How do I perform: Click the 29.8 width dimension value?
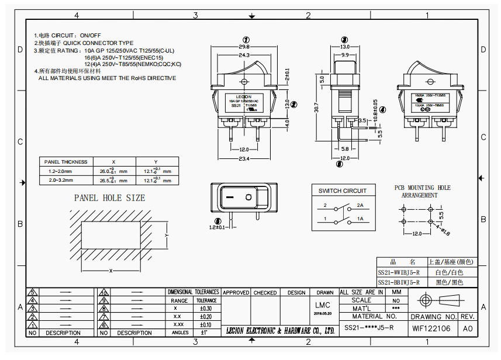point(244,47)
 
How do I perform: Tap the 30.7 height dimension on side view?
point(316,109)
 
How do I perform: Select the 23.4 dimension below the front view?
point(244,159)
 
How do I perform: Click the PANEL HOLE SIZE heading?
point(109,198)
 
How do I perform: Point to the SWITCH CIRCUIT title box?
point(343,191)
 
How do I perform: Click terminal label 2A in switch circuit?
point(360,206)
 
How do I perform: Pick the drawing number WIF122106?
point(431,328)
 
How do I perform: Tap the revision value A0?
point(468,328)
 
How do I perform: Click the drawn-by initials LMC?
point(323,305)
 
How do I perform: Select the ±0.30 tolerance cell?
point(206,308)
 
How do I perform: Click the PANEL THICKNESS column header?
point(65,162)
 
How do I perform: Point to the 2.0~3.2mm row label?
point(60,181)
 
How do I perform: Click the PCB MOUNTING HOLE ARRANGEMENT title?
point(421,192)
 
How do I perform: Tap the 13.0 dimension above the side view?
point(345,46)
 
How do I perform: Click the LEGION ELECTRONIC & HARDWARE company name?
point(281,331)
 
